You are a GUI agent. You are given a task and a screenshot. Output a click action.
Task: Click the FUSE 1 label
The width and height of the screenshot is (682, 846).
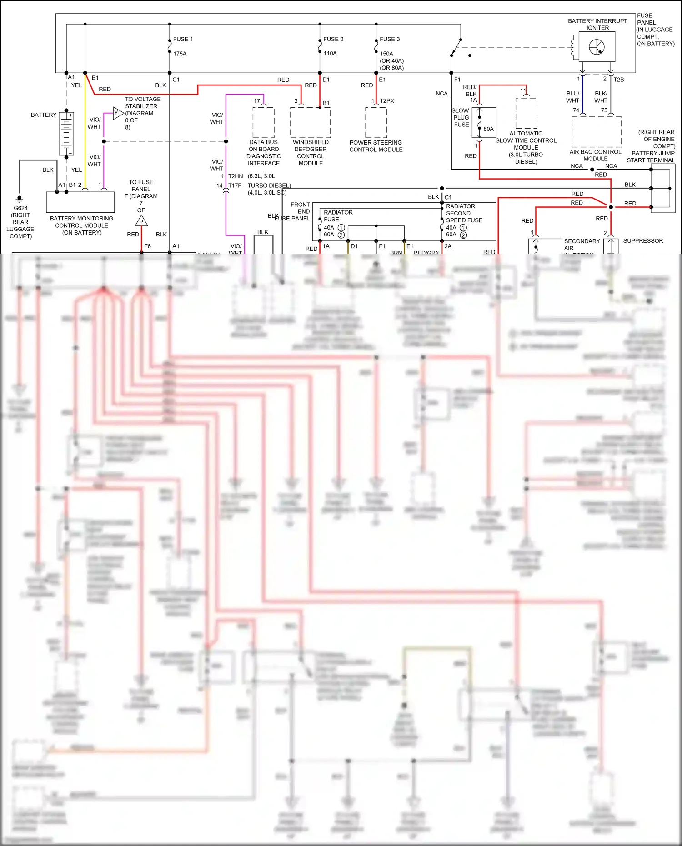183,39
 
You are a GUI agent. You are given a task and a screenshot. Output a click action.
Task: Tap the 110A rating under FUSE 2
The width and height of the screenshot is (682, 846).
330,53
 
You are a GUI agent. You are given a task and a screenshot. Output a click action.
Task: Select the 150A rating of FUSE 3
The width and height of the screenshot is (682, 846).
386,54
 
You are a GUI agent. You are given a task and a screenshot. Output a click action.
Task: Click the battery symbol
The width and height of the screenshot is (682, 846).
66,134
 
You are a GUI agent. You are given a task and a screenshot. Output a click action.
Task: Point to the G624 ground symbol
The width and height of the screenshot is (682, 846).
19,199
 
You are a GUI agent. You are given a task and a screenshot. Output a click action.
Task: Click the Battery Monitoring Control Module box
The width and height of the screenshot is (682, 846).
80,202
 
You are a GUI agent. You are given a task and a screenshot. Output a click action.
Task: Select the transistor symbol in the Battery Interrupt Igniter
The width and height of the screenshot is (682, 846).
597,47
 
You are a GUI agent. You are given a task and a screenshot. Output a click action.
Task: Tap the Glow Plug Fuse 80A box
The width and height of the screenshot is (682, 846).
484,123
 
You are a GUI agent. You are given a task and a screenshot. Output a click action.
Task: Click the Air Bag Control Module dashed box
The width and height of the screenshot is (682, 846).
596,131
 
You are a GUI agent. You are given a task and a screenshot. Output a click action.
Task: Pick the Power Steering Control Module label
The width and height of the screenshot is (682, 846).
376,146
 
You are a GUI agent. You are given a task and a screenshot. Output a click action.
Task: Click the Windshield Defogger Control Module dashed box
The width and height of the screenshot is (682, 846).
311,122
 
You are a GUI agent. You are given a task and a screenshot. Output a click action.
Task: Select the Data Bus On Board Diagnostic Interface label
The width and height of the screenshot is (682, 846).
264,153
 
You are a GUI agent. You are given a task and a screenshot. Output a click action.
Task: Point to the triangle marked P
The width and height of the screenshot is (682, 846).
141,222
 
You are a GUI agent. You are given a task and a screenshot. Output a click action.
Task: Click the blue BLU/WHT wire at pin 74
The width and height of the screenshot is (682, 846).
582,95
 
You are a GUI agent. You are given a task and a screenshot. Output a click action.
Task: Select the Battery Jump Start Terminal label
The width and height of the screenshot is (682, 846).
651,156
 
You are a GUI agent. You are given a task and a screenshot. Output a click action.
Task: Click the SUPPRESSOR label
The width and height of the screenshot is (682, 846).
642,240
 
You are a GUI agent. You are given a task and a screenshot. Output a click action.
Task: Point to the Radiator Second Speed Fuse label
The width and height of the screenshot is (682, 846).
464,213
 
